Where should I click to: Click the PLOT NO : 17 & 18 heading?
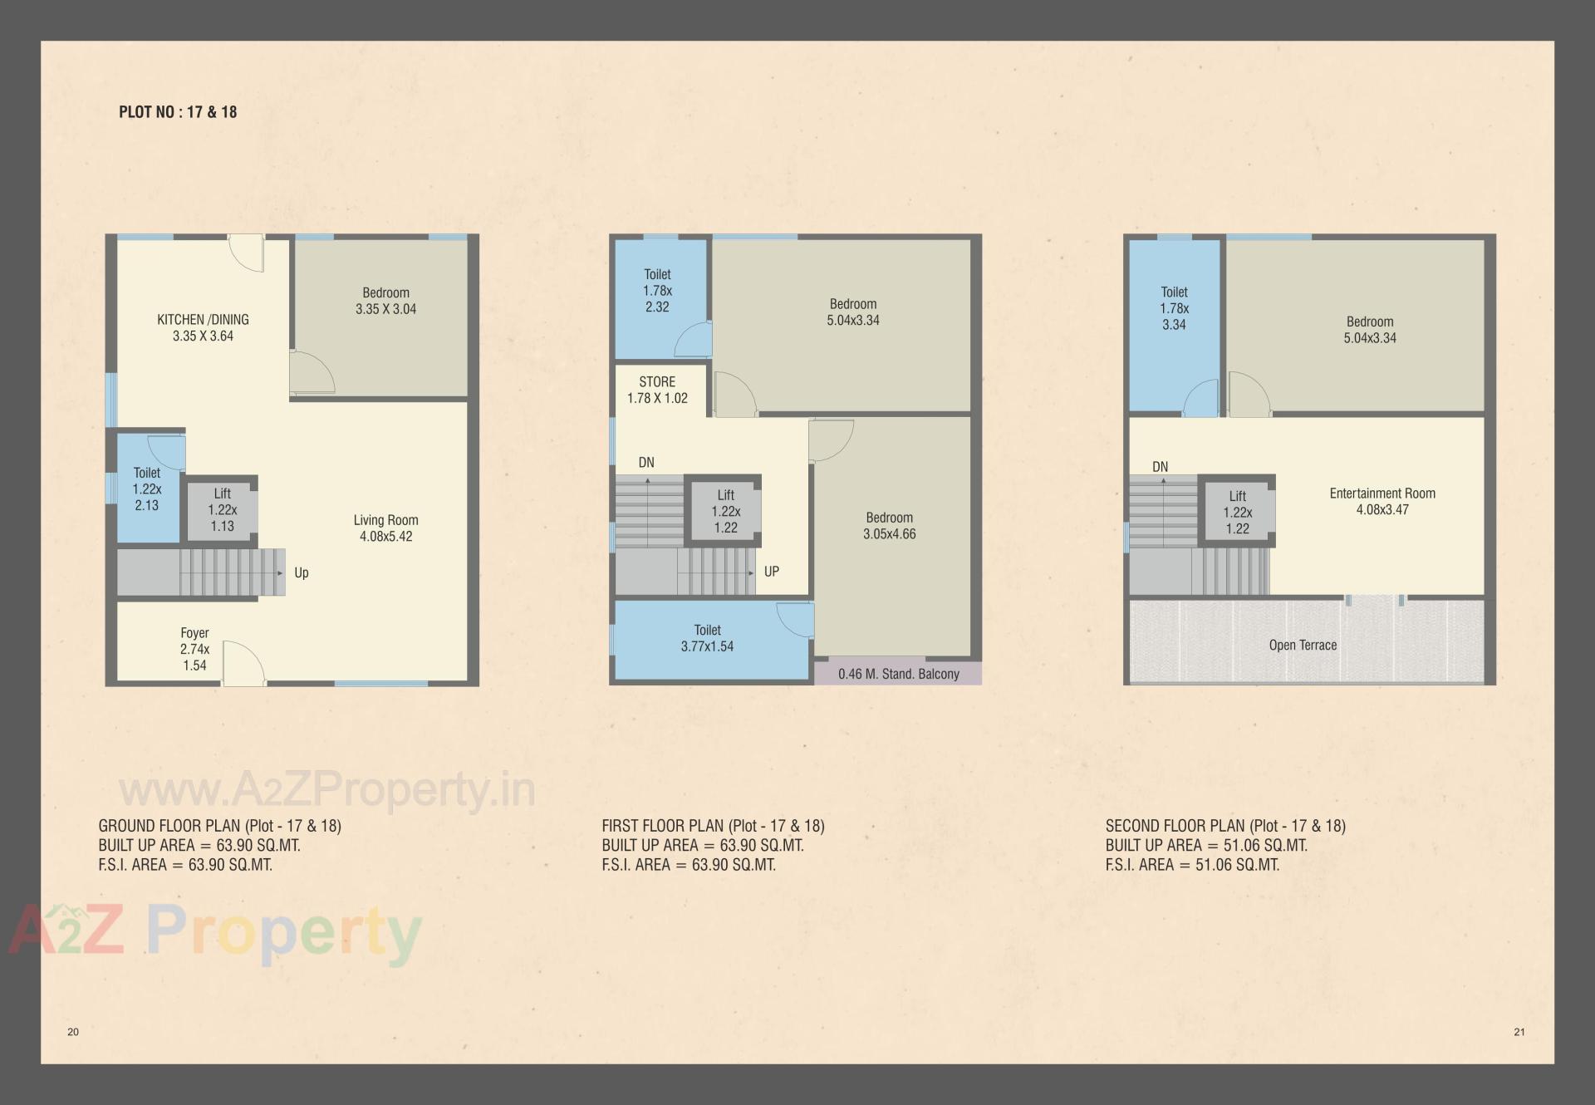click(178, 112)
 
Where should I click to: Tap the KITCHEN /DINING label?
click(203, 320)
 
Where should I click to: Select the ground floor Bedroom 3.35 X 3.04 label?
click(385, 301)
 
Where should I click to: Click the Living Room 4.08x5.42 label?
click(385, 528)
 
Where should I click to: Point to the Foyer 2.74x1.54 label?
click(194, 649)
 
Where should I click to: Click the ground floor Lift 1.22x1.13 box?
click(222, 509)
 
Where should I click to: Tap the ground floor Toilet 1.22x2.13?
click(147, 489)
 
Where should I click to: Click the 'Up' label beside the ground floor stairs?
click(302, 572)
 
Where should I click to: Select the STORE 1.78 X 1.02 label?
click(657, 390)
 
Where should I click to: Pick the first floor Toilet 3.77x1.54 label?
click(707, 638)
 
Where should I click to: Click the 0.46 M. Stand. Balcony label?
click(898, 674)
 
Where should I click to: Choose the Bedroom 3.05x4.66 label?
click(889, 526)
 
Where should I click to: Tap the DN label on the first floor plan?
click(646, 463)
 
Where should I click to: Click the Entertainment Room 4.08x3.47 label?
click(1382, 501)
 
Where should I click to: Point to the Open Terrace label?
click(1303, 645)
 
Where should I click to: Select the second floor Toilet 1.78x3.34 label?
click(1174, 308)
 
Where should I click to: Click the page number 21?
click(1519, 1032)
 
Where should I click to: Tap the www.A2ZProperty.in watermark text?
click(327, 789)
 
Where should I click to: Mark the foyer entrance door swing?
click(243, 664)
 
